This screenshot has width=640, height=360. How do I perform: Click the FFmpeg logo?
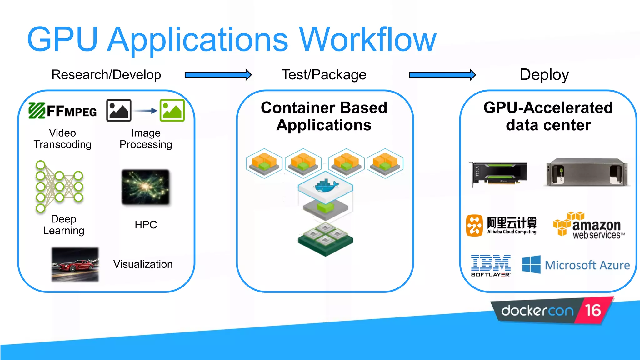(x=62, y=111)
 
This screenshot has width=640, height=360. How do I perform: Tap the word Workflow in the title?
(x=367, y=40)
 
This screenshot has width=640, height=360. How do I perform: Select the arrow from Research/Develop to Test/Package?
(x=218, y=75)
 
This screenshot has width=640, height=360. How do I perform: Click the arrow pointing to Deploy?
(x=442, y=75)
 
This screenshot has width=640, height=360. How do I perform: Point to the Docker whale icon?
(x=326, y=187)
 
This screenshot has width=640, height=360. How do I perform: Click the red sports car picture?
(x=75, y=264)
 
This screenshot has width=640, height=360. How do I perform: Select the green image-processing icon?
(x=172, y=110)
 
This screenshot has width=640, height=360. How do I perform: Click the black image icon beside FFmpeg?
(x=119, y=110)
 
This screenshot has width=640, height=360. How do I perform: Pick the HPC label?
(x=146, y=225)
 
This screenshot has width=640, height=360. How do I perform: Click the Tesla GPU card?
(x=499, y=173)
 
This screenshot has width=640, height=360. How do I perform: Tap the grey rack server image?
(x=587, y=172)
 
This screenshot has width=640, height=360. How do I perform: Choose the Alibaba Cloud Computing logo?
(x=501, y=225)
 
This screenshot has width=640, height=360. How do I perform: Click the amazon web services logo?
(x=589, y=226)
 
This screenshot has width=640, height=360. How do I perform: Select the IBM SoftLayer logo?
(x=491, y=266)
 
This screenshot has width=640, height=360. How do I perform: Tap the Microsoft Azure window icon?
(x=531, y=264)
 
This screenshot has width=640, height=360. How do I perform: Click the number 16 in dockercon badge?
(x=593, y=311)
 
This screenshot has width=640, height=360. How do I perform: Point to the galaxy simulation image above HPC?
(x=146, y=187)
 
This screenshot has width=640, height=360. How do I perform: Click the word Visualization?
(x=143, y=264)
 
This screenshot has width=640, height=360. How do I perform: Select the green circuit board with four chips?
(x=325, y=239)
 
